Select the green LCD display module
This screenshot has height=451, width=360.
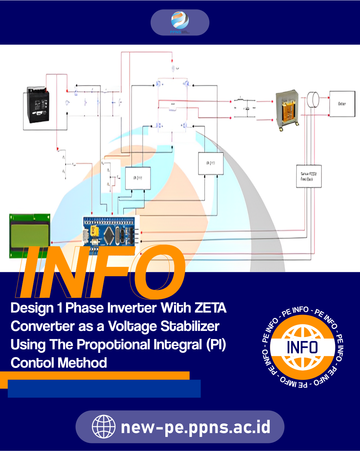[x=29, y=236]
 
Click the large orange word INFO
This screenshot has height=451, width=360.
[x=100, y=272]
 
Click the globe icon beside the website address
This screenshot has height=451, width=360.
[x=104, y=427]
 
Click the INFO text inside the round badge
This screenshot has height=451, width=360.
[x=302, y=347]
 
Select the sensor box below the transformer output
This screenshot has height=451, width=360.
[x=309, y=176]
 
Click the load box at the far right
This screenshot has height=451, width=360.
[x=342, y=104]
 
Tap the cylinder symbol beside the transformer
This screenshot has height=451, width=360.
[x=313, y=99]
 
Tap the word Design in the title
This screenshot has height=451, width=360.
[x=32, y=308]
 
